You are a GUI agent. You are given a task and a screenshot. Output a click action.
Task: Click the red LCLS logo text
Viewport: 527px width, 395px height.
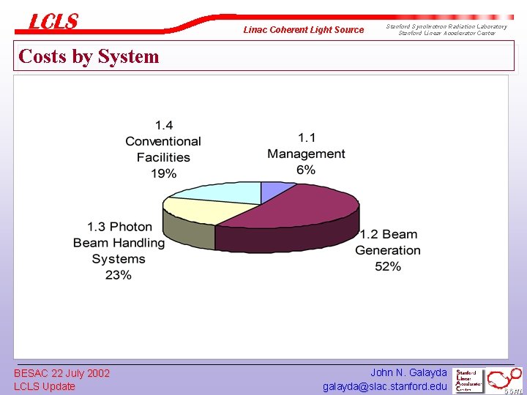53,22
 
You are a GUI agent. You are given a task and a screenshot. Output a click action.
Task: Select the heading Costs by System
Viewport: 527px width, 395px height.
89,56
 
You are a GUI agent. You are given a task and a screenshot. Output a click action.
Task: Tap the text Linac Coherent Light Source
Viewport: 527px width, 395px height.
303,30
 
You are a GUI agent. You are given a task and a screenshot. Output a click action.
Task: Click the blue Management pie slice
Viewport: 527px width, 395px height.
269,192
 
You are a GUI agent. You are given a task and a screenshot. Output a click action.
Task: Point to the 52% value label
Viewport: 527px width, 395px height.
387,266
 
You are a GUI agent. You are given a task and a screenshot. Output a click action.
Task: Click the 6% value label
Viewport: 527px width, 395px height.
306,170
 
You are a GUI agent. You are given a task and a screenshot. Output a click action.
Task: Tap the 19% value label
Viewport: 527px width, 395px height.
163,173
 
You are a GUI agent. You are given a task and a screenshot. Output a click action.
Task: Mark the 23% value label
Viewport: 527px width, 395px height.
119,275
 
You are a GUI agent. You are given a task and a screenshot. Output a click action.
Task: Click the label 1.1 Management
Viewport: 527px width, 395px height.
306,146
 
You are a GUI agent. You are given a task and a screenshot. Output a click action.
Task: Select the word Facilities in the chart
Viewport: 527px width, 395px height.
163,157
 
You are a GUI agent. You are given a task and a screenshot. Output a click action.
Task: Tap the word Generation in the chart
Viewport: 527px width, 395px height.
388,250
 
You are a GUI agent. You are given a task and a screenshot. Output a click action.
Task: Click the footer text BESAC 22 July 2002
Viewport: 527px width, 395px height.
61,373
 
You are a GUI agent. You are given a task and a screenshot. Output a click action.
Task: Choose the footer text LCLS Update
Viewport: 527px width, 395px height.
45,386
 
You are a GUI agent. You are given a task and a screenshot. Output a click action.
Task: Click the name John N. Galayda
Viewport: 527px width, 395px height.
408,372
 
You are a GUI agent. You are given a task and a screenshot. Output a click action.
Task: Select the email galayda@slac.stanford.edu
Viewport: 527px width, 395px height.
384,386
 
